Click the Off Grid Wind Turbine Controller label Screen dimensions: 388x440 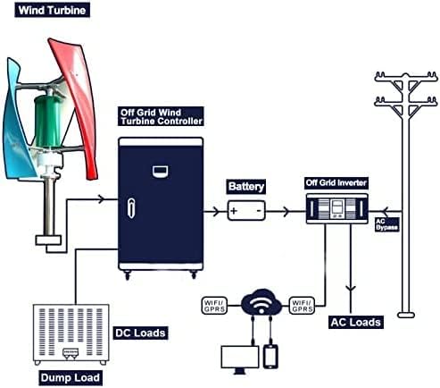pos(161,116)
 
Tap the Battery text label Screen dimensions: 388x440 pos(245,187)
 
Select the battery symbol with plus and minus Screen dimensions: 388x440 pos(245,212)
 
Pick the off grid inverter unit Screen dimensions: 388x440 pos(336,211)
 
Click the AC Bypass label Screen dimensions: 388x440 pos(386,224)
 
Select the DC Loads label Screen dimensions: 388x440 pos(140,333)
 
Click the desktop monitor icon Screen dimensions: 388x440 pos(237,357)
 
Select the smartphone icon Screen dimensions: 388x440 pos(271,355)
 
